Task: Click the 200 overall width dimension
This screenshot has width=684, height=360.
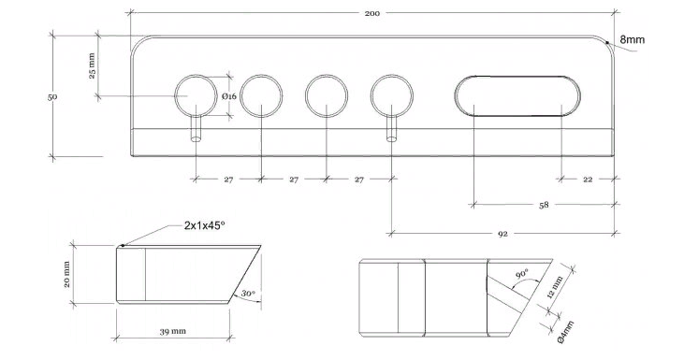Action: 372,13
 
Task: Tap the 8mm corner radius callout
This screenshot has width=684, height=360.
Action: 633,39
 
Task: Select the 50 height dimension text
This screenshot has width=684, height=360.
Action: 52,96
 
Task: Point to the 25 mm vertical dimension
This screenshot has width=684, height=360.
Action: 92,65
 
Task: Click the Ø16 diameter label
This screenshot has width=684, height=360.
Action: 229,96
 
